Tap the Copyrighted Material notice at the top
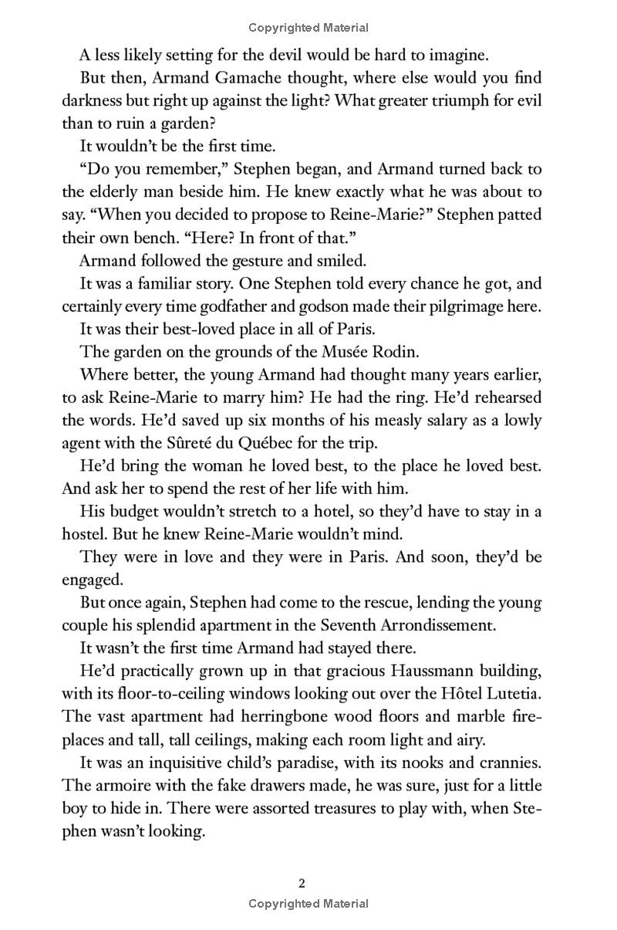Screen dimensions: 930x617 point(308,28)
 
